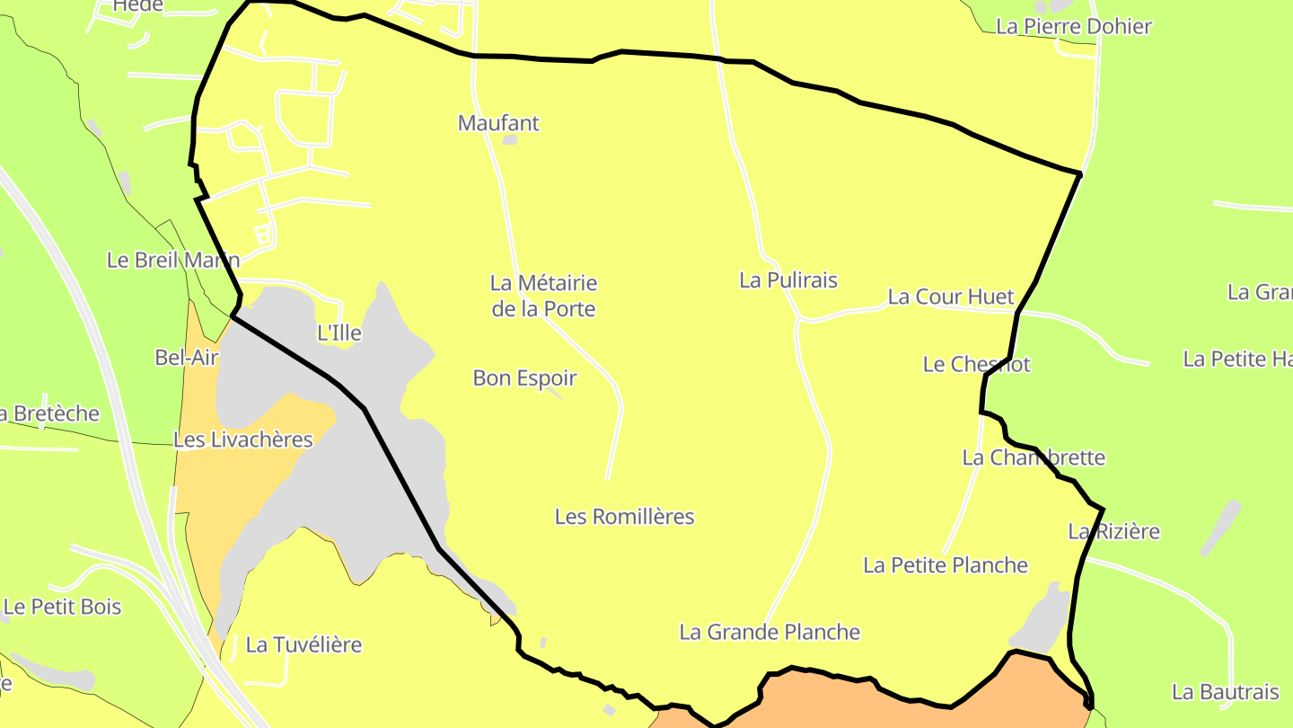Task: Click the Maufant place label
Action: coord(498,123)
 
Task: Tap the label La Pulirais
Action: coord(788,280)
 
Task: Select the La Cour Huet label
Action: coord(951,297)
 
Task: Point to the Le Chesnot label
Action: coord(977,365)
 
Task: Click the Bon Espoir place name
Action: coord(524,378)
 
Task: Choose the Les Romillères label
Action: coord(625,517)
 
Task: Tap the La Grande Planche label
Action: coord(770,633)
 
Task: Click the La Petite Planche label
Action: coord(946,565)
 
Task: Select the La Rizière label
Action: coord(1113,532)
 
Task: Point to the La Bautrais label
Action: coord(1225,693)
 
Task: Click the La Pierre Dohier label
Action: coord(1074,27)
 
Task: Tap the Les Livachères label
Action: coord(243,440)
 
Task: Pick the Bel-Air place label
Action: coord(187,358)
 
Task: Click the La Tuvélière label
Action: coord(303,645)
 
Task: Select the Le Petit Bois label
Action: coord(62,607)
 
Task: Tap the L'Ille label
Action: coord(339,333)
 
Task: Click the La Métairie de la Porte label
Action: coord(543,296)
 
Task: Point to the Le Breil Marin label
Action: coord(173,261)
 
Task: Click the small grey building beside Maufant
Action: coord(509,140)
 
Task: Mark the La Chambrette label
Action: coord(1034,458)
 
